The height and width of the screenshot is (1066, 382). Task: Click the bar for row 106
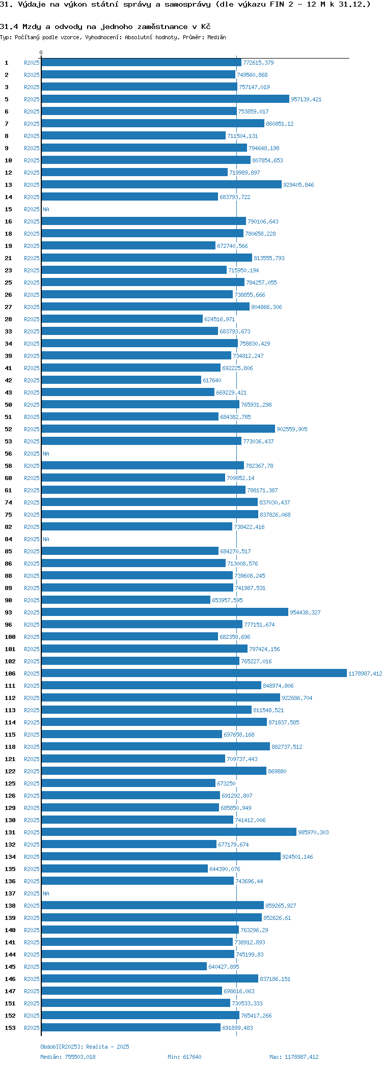pos(194,673)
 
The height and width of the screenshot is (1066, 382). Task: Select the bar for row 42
pos(121,380)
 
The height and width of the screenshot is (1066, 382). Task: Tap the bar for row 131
pos(169,832)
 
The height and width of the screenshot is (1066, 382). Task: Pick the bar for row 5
pos(165,99)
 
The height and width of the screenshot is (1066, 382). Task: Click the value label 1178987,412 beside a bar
pos(365,674)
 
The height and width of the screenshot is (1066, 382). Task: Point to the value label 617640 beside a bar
pos(212,380)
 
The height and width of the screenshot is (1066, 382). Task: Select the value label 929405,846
pos(298,185)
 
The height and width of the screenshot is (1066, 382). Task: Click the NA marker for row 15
pos(46,209)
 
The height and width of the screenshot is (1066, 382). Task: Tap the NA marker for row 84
pos(46,539)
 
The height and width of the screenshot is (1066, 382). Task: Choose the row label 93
pos(8,612)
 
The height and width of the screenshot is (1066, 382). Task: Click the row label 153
pos(10,1027)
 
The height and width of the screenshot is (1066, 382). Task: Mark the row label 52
pos(8,429)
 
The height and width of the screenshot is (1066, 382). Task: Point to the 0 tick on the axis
pos(41,52)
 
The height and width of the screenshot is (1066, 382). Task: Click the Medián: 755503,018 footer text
pos(68,1057)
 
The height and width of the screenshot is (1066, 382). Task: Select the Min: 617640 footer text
pos(184,1057)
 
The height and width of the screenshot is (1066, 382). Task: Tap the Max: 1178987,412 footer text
pos(294,1057)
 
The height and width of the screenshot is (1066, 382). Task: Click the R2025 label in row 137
pos(32,893)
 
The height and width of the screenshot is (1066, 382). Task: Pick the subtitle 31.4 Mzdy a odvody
pos(105,26)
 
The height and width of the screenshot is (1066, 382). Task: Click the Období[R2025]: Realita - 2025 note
pos(85,1047)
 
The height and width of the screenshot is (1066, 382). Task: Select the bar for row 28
pos(122,319)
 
